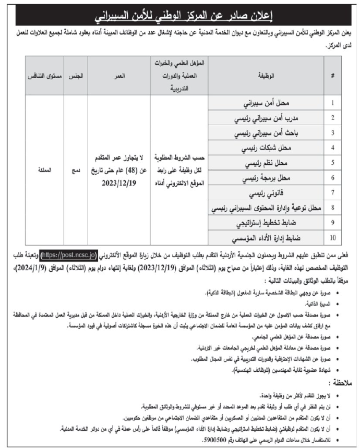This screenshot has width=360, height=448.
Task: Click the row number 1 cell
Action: coord(332,103)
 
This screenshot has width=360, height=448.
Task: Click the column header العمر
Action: coord(119,76)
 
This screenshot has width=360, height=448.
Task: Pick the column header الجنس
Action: coord(77,76)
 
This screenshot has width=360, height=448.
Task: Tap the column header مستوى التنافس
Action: coord(44,76)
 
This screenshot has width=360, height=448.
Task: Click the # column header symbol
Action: coord(332,76)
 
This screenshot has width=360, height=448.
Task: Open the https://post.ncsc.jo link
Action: coord(68,255)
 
